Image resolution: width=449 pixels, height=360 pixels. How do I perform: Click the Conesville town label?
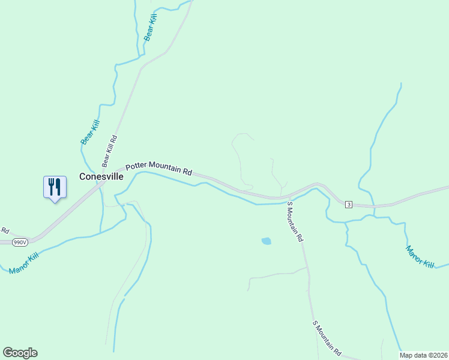click(101, 177)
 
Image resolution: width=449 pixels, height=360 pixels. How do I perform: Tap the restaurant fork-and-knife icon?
click(55, 187)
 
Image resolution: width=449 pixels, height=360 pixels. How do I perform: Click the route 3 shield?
click(349, 205)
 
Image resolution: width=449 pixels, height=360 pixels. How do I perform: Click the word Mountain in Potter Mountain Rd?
click(166, 167)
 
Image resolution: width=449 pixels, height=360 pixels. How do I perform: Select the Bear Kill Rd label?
click(109, 151)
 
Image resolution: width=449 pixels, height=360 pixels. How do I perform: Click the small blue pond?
click(266, 241)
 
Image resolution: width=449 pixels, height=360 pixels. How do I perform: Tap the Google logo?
click(20, 353)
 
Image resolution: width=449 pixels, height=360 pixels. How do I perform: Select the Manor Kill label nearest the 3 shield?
click(420, 256)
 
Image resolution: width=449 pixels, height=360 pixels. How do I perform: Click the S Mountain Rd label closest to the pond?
click(295, 221)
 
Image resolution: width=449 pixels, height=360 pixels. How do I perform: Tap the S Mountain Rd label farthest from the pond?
click(327, 338)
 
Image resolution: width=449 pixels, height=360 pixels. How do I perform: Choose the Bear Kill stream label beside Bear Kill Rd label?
click(89, 132)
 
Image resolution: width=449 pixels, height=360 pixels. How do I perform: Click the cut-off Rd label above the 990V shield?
click(5, 230)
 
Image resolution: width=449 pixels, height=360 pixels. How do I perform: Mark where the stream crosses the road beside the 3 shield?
click(374, 206)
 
